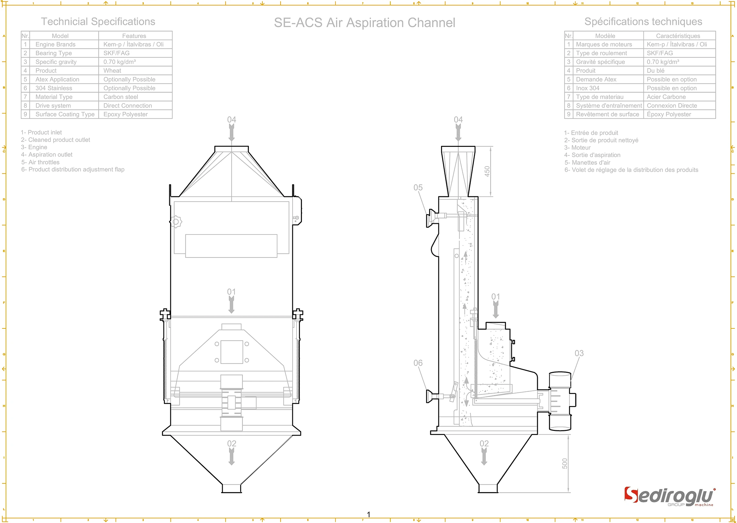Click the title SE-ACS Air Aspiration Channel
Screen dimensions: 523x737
tap(364, 23)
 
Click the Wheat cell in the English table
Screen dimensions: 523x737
tap(112, 71)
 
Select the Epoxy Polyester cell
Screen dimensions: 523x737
tap(125, 114)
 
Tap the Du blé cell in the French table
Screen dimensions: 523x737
tap(655, 71)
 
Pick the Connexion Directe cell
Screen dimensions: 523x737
tap(672, 106)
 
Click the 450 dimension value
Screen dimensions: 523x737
tap(487, 171)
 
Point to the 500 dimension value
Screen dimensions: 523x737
tap(565, 464)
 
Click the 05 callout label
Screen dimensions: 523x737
tap(418, 188)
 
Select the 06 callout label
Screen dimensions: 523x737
tap(418, 363)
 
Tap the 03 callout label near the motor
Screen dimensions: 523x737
tap(579, 353)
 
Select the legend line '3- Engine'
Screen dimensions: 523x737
tap(34, 147)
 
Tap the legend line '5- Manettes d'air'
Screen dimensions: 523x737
tap(587, 162)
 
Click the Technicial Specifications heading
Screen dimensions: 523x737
tap(98, 22)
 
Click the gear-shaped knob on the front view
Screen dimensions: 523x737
tap(176, 222)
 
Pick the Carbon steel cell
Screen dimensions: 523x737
tap(121, 97)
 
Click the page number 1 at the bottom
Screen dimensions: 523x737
tap(368, 514)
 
